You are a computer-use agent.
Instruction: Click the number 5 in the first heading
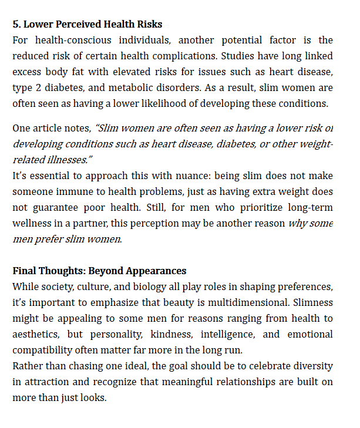pos(16,24)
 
